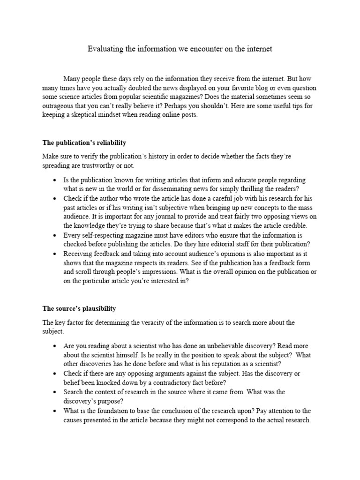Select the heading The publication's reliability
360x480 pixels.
coord(84,142)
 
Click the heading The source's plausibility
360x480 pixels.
coord(79,308)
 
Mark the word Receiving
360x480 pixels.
coord(79,254)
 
